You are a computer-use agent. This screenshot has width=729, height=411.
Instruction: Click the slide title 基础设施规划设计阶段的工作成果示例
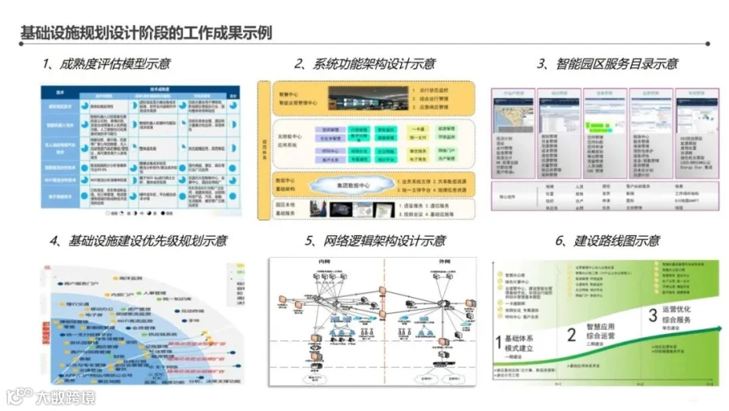point(146,32)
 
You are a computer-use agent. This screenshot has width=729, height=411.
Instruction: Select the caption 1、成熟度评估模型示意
point(106,64)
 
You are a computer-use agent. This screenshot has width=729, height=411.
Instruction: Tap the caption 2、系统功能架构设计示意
point(364,64)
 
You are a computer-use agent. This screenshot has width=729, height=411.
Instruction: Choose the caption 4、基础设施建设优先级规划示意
point(139,241)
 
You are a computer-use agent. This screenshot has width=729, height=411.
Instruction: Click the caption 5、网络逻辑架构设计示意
point(375,241)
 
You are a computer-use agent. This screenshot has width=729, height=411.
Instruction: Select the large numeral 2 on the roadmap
point(572,335)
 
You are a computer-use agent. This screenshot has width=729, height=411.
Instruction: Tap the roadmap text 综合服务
point(679,319)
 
